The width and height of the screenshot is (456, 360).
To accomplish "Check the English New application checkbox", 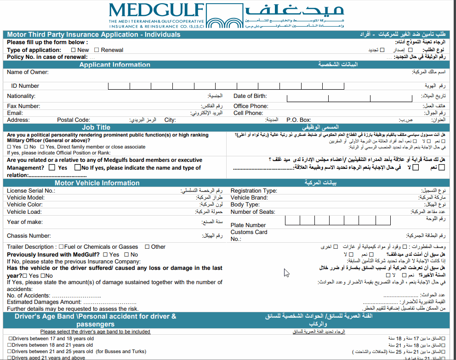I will [74, 50].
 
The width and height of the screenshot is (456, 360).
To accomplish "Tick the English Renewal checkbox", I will [97, 50].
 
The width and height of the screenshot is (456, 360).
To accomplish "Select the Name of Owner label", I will [28, 72].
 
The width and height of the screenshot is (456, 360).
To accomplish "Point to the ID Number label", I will [25, 86].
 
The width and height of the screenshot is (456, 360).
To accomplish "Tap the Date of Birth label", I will [250, 97].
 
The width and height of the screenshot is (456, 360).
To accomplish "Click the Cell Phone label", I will [248, 113].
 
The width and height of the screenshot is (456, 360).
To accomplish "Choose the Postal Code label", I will [73, 120].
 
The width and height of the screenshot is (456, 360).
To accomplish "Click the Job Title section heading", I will [96, 127].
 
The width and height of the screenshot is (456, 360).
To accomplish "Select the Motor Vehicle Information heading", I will [97, 183].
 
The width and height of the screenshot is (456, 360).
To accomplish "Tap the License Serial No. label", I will [31, 191].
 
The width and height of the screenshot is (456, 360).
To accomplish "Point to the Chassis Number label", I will [28, 236].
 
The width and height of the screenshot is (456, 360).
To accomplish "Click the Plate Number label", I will [248, 225].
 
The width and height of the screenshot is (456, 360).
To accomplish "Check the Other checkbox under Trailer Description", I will [147, 247].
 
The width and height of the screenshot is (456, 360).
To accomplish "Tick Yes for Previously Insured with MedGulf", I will [106, 254].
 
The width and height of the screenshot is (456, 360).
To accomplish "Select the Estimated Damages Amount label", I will [44, 302].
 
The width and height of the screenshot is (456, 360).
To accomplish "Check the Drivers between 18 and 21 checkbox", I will [10, 345].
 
